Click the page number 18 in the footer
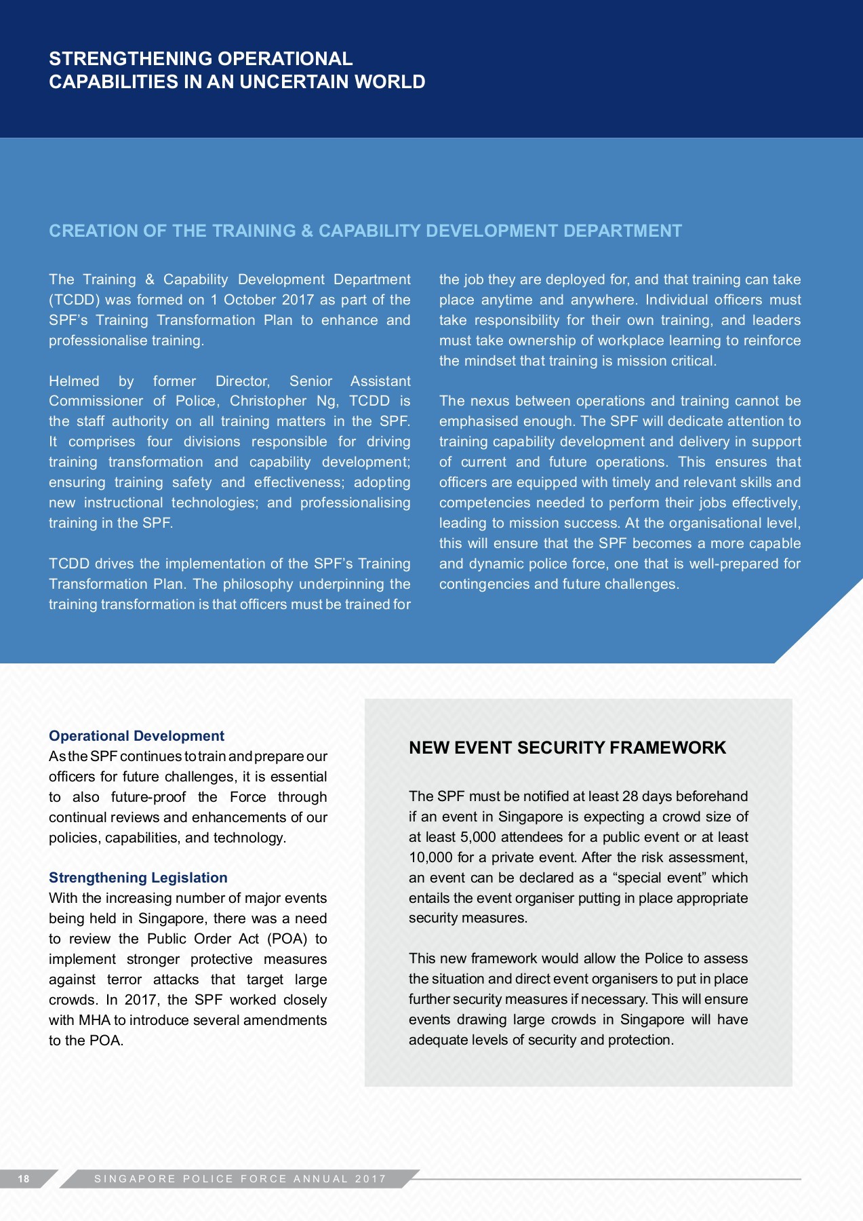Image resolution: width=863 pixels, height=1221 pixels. [x=24, y=1179]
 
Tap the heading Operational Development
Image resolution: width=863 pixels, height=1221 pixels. [x=136, y=736]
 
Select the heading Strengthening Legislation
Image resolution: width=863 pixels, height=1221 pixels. [x=138, y=878]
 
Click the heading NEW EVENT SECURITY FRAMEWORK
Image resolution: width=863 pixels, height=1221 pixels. [x=567, y=748]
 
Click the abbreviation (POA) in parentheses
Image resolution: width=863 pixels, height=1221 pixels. [x=287, y=939]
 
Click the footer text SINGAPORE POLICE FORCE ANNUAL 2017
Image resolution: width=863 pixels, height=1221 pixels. [x=240, y=1179]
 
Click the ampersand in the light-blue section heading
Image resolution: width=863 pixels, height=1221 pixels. [x=307, y=231]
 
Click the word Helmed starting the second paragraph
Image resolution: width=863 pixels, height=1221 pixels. [x=74, y=381]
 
